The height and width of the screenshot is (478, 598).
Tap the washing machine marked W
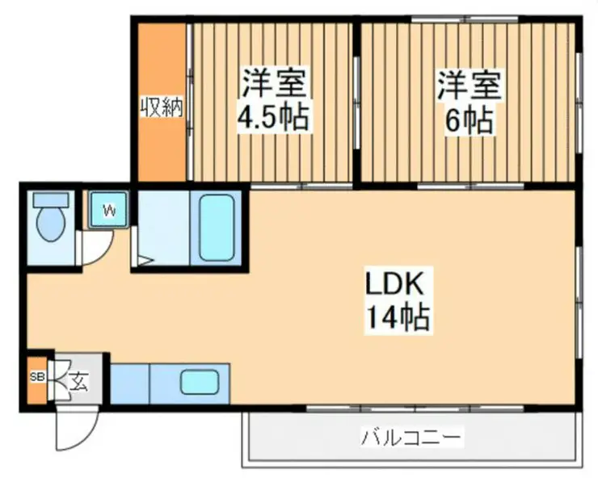click(107, 212)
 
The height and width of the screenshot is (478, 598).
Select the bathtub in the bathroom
click(218, 228)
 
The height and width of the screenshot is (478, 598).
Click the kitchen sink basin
click(199, 382)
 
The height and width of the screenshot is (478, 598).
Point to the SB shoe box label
click(37, 377)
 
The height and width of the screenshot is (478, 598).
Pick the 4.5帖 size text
click(272, 119)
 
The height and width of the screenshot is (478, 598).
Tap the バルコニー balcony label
click(412, 438)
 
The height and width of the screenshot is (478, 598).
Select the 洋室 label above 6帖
click(470, 85)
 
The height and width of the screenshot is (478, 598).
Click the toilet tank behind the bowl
click(51, 199)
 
